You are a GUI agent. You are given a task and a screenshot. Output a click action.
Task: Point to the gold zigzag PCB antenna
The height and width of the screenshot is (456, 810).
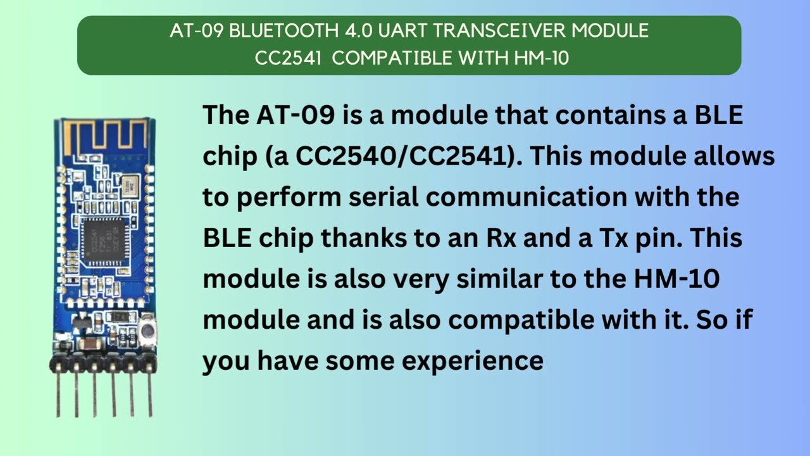tap(106, 137)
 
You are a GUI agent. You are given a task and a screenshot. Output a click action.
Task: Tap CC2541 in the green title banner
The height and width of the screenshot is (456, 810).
tap(288, 58)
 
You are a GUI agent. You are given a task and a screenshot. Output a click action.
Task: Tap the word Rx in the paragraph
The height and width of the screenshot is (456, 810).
tap(501, 238)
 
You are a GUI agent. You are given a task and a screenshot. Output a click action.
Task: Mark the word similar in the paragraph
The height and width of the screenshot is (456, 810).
tap(499, 279)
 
